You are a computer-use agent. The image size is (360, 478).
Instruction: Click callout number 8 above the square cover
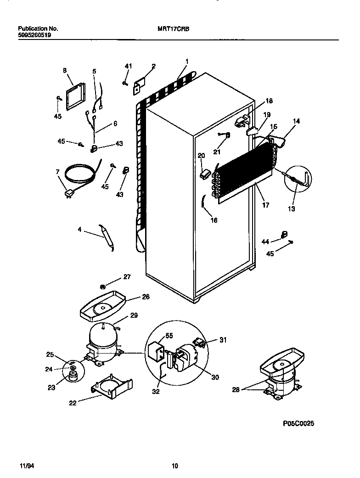tap(65, 70)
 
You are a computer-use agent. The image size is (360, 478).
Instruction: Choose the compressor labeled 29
tap(105, 337)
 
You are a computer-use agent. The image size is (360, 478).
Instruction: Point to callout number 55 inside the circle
tap(169, 336)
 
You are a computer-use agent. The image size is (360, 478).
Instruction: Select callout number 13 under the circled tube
tap(292, 208)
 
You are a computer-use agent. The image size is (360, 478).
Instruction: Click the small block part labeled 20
tap(205, 174)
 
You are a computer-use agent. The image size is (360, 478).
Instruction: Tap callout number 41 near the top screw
tap(128, 67)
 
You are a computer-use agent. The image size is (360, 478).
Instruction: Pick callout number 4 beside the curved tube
tap(79, 229)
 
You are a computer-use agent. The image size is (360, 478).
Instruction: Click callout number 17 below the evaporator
tap(265, 205)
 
